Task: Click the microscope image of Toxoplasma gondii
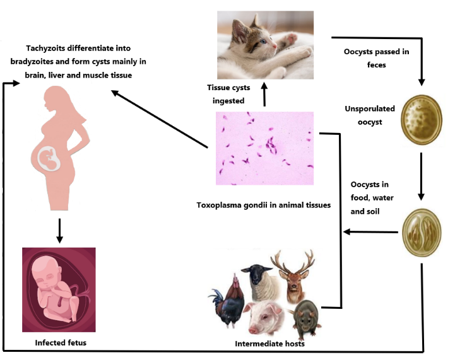[264, 148]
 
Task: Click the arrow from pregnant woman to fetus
[58, 230]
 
